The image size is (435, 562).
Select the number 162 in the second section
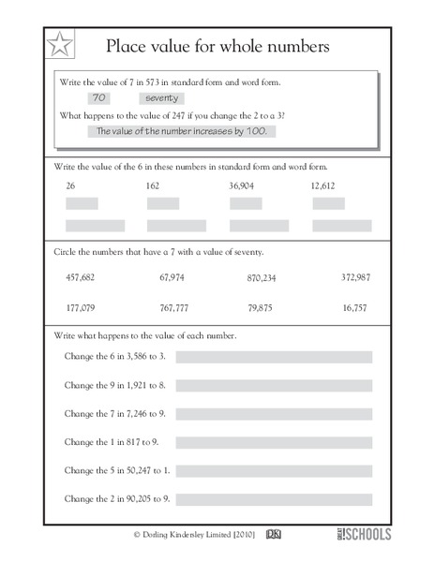[154, 186]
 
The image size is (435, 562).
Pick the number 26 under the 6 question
[70, 186]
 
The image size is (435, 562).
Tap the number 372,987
[355, 277]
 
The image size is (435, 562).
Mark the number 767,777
[174, 306]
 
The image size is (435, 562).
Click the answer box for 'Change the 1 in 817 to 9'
[274, 441]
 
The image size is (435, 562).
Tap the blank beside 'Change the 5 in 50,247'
[274, 469]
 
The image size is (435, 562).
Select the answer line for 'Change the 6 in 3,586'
[274, 357]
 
